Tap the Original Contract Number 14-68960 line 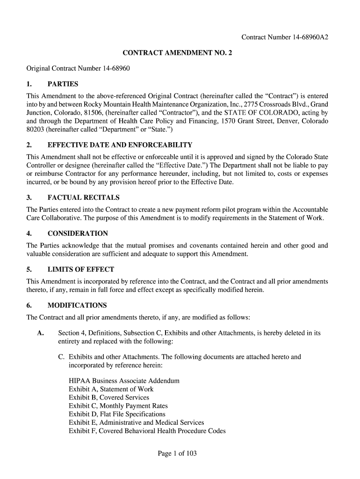click(78, 69)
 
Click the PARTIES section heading click(63, 84)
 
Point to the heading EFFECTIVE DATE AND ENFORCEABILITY click(120, 145)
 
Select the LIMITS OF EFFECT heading click(80, 269)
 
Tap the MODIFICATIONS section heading click(77, 305)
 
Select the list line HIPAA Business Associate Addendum click(124, 381)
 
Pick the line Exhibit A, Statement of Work click(111, 389)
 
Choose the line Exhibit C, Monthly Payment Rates click(118, 406)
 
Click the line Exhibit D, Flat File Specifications click(117, 414)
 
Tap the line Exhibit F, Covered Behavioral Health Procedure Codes click(147, 431)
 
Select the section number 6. click(29, 305)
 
